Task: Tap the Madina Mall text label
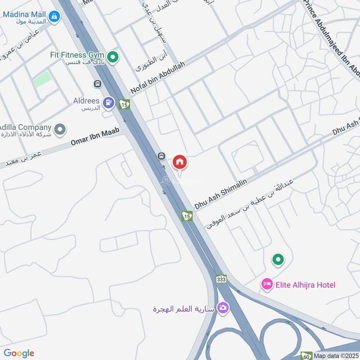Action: pyautogui.click(x=25, y=14)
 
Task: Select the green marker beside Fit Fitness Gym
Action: pyautogui.click(x=114, y=57)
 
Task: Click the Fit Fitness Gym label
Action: pyautogui.click(x=77, y=54)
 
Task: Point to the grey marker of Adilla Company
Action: pyautogui.click(x=61, y=130)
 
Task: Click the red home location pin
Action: pyautogui.click(x=180, y=162)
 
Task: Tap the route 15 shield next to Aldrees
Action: pyautogui.click(x=125, y=104)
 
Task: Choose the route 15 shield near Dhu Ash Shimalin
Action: pyautogui.click(x=187, y=216)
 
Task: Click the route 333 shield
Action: pyautogui.click(x=221, y=279)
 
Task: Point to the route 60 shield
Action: pyautogui.click(x=306, y=355)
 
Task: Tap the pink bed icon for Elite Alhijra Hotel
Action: pyautogui.click(x=266, y=284)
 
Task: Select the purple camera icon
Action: pyautogui.click(x=222, y=308)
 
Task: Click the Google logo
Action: pyautogui.click(x=19, y=353)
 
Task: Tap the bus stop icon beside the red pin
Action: pyautogui.click(x=161, y=156)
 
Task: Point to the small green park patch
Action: pyautogui.click(x=42, y=79)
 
